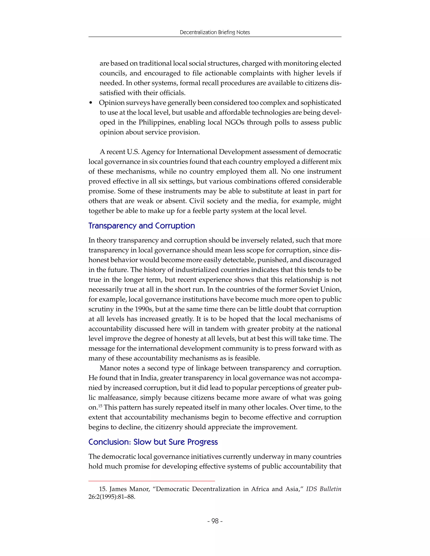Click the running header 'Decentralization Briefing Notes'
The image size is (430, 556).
pyautogui.click(x=215, y=32)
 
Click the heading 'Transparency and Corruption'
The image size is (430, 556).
pyautogui.click(x=142, y=226)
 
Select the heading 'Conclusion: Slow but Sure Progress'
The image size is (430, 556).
pyautogui.click(x=153, y=442)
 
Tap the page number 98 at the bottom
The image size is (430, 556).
pyautogui.click(x=215, y=521)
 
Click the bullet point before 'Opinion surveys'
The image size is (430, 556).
pyautogui.click(x=91, y=103)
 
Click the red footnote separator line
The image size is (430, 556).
pyautogui.click(x=152, y=481)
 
